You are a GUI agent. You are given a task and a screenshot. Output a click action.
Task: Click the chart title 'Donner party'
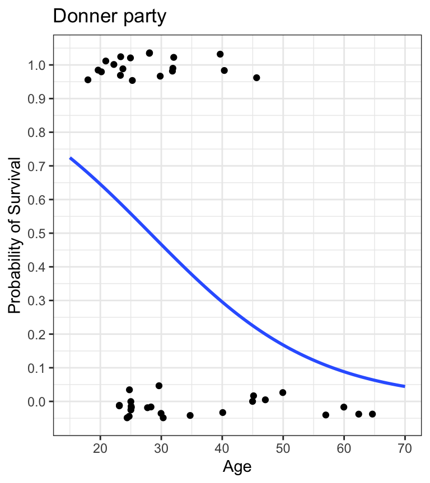(109, 17)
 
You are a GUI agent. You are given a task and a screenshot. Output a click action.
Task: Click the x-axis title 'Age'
(236, 466)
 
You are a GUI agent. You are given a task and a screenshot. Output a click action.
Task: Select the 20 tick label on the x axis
(100, 448)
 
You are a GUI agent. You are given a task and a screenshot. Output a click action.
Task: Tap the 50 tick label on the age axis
(283, 448)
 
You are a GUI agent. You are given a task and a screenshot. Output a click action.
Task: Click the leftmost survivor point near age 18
(88, 80)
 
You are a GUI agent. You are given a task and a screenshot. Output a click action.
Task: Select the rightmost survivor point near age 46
(256, 78)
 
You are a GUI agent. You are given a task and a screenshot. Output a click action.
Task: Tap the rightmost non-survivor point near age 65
(372, 414)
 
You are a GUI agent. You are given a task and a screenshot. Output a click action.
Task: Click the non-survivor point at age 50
(283, 392)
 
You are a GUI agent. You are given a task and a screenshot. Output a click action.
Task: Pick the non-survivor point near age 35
(190, 415)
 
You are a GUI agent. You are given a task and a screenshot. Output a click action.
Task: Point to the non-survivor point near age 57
(326, 415)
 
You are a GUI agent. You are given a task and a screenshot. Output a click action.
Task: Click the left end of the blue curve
(70, 158)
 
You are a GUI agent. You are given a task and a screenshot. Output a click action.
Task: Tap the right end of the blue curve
(404, 386)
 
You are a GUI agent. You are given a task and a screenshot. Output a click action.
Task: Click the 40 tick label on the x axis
(222, 448)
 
